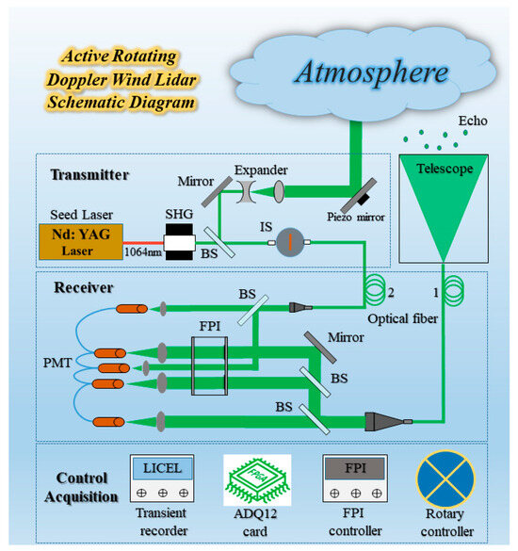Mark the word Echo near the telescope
click(x=471, y=122)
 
